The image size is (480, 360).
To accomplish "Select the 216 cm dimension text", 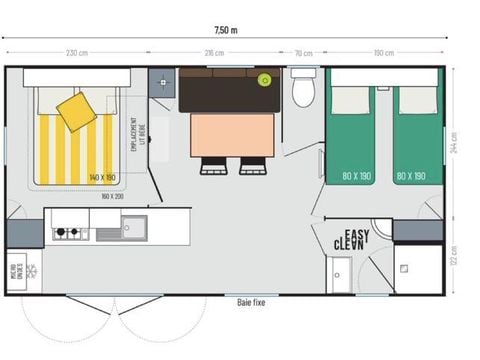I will click(x=214, y=53).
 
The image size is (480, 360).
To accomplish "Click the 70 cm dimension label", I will click(x=303, y=53).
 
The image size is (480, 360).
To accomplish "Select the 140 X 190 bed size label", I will click(x=103, y=176).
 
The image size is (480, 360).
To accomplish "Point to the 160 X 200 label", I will click(x=112, y=196).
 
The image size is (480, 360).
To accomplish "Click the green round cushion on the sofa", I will click(x=265, y=80).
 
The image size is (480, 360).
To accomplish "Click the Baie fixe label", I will click(x=252, y=300).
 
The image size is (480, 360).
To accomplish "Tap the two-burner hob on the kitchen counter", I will click(x=67, y=233).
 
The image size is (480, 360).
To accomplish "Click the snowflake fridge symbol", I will click(x=31, y=270).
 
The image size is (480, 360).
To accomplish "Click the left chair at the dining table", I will click(x=214, y=166).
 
